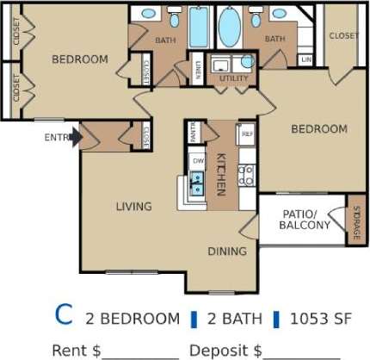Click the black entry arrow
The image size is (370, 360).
click(x=76, y=136)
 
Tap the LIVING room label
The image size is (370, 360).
click(x=134, y=207)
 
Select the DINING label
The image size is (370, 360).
click(x=227, y=251)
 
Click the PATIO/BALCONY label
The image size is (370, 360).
click(x=304, y=220)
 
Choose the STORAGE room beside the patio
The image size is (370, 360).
click(x=356, y=220)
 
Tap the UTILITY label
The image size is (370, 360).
click(x=232, y=78)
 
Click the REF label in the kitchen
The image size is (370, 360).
click(x=246, y=134)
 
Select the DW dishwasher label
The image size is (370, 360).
click(x=198, y=162)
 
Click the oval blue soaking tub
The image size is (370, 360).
click(x=229, y=28)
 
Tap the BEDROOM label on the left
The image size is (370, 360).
click(x=79, y=59)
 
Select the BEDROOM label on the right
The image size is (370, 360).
click(x=318, y=129)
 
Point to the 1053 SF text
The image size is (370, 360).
click(x=319, y=318)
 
